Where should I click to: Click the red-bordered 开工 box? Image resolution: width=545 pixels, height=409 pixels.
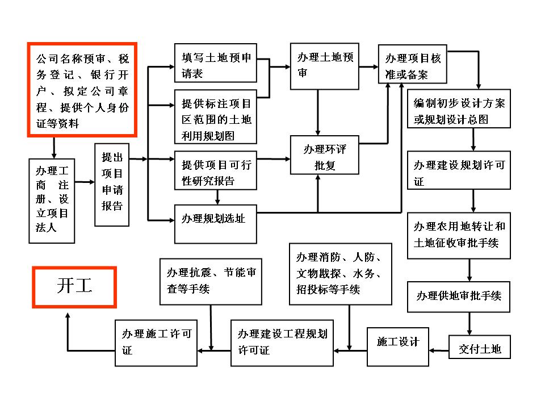[x=74, y=287]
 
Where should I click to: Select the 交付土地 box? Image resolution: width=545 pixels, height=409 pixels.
[x=480, y=347]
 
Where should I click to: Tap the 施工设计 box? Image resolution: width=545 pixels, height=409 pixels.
[x=398, y=347]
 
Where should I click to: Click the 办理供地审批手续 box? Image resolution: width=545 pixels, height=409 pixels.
[x=459, y=297]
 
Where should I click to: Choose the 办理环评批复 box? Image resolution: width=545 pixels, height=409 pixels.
[x=325, y=155]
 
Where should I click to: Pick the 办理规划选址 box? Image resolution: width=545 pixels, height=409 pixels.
[x=216, y=224]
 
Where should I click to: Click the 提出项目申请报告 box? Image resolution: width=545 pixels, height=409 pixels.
[x=112, y=185]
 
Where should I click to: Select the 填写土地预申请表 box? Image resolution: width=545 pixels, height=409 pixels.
[x=216, y=63]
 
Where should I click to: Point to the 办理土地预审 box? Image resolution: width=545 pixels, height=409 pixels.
[x=325, y=66]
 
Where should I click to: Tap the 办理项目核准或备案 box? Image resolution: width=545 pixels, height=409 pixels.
[x=413, y=64]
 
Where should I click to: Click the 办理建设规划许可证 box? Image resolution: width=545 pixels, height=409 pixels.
[x=459, y=170]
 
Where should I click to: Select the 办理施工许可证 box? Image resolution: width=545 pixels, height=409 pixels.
[x=156, y=343]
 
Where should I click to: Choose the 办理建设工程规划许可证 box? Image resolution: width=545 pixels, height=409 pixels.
[x=282, y=343]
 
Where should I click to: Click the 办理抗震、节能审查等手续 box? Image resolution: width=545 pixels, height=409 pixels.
[x=211, y=282]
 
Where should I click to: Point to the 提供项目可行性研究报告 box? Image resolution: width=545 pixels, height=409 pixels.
[x=216, y=170]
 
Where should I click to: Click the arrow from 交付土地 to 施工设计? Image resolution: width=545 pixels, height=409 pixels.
[x=439, y=350]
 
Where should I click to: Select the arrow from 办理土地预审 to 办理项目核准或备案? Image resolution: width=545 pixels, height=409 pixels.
[x=368, y=67]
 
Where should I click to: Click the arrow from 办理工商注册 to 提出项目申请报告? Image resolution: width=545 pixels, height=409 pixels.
[x=85, y=182]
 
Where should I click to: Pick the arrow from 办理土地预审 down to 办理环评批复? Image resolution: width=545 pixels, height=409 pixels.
[x=318, y=112]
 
